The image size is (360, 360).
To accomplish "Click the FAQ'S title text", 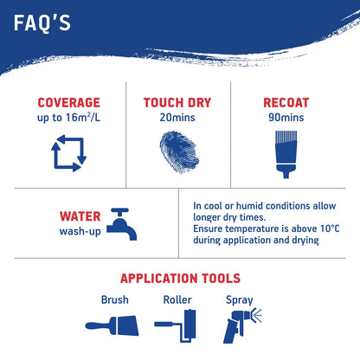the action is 42,22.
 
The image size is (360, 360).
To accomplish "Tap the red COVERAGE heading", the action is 69,103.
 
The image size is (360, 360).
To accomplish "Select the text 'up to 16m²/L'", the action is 68,118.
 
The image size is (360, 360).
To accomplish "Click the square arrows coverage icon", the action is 68,153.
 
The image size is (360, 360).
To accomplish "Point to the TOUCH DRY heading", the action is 177,103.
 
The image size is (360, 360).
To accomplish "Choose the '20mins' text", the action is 177,118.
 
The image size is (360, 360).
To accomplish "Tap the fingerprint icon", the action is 179,152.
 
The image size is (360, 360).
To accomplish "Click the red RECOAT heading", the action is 286,103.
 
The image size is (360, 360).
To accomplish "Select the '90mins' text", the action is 286,118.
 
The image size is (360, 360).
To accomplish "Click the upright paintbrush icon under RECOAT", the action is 286,154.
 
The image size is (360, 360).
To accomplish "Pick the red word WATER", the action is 80,216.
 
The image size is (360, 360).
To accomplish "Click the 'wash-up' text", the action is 80,231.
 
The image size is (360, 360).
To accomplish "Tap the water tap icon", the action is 121,224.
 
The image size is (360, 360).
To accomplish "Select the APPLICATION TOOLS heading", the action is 180,279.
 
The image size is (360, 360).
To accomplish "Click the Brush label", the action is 115,299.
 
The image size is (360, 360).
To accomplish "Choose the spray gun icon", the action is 241,325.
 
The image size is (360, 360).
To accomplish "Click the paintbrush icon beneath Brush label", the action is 112,325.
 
